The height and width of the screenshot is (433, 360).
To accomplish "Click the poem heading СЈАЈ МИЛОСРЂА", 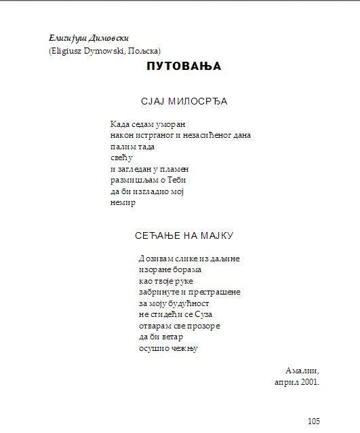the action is pyautogui.click(x=184, y=102).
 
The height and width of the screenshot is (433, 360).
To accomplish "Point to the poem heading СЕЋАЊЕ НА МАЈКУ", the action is pyautogui.click(x=184, y=236).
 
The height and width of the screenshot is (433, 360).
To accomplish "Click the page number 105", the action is pyautogui.click(x=313, y=421).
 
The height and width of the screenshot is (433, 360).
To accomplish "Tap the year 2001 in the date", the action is pyautogui.click(x=308, y=382).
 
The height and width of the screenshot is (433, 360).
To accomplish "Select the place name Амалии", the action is pyautogui.click(x=302, y=371).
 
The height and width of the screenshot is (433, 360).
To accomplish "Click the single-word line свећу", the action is pyautogui.click(x=119, y=158).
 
